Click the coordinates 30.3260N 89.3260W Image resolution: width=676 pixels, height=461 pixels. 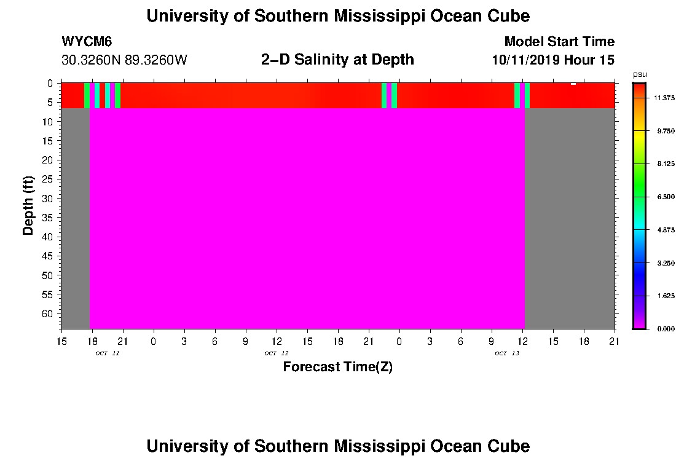(x=124, y=60)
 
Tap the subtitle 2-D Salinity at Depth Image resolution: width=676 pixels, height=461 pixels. (x=337, y=60)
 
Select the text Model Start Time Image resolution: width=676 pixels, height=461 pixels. (x=559, y=42)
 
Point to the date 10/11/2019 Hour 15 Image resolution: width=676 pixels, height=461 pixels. (x=552, y=60)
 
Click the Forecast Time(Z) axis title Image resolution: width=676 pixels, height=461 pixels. (x=337, y=367)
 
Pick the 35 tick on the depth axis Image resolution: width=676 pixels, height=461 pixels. (x=52, y=218)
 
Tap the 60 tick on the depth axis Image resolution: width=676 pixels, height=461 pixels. (x=52, y=313)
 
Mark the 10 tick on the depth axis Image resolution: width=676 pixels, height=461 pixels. (x=52, y=122)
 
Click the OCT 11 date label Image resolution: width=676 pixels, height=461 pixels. (x=107, y=353)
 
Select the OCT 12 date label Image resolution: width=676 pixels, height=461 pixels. (x=276, y=353)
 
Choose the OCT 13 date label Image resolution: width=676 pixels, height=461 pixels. (x=506, y=353)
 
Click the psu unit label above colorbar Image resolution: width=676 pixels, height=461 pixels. (x=640, y=74)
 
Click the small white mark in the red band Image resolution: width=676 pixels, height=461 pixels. (x=573, y=84)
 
